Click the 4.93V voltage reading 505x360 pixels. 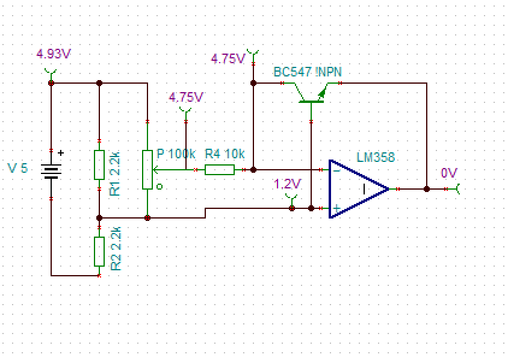[54, 54]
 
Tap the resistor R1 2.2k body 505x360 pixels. [99, 164]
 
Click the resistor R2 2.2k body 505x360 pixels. [99, 251]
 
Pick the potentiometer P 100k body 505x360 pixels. [147, 170]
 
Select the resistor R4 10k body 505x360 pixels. [220, 170]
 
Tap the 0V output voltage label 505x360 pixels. [449, 173]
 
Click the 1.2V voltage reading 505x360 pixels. [287, 184]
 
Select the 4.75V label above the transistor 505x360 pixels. [228, 59]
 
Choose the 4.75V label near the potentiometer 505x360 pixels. [186, 97]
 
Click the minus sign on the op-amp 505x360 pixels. [336, 170]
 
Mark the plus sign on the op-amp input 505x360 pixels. [336, 208]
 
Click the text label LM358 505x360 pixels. [376, 158]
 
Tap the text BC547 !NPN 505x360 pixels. [308, 72]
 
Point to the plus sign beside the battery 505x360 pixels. [60, 153]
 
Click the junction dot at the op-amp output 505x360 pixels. [427, 189]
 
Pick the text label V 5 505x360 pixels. [17, 168]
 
